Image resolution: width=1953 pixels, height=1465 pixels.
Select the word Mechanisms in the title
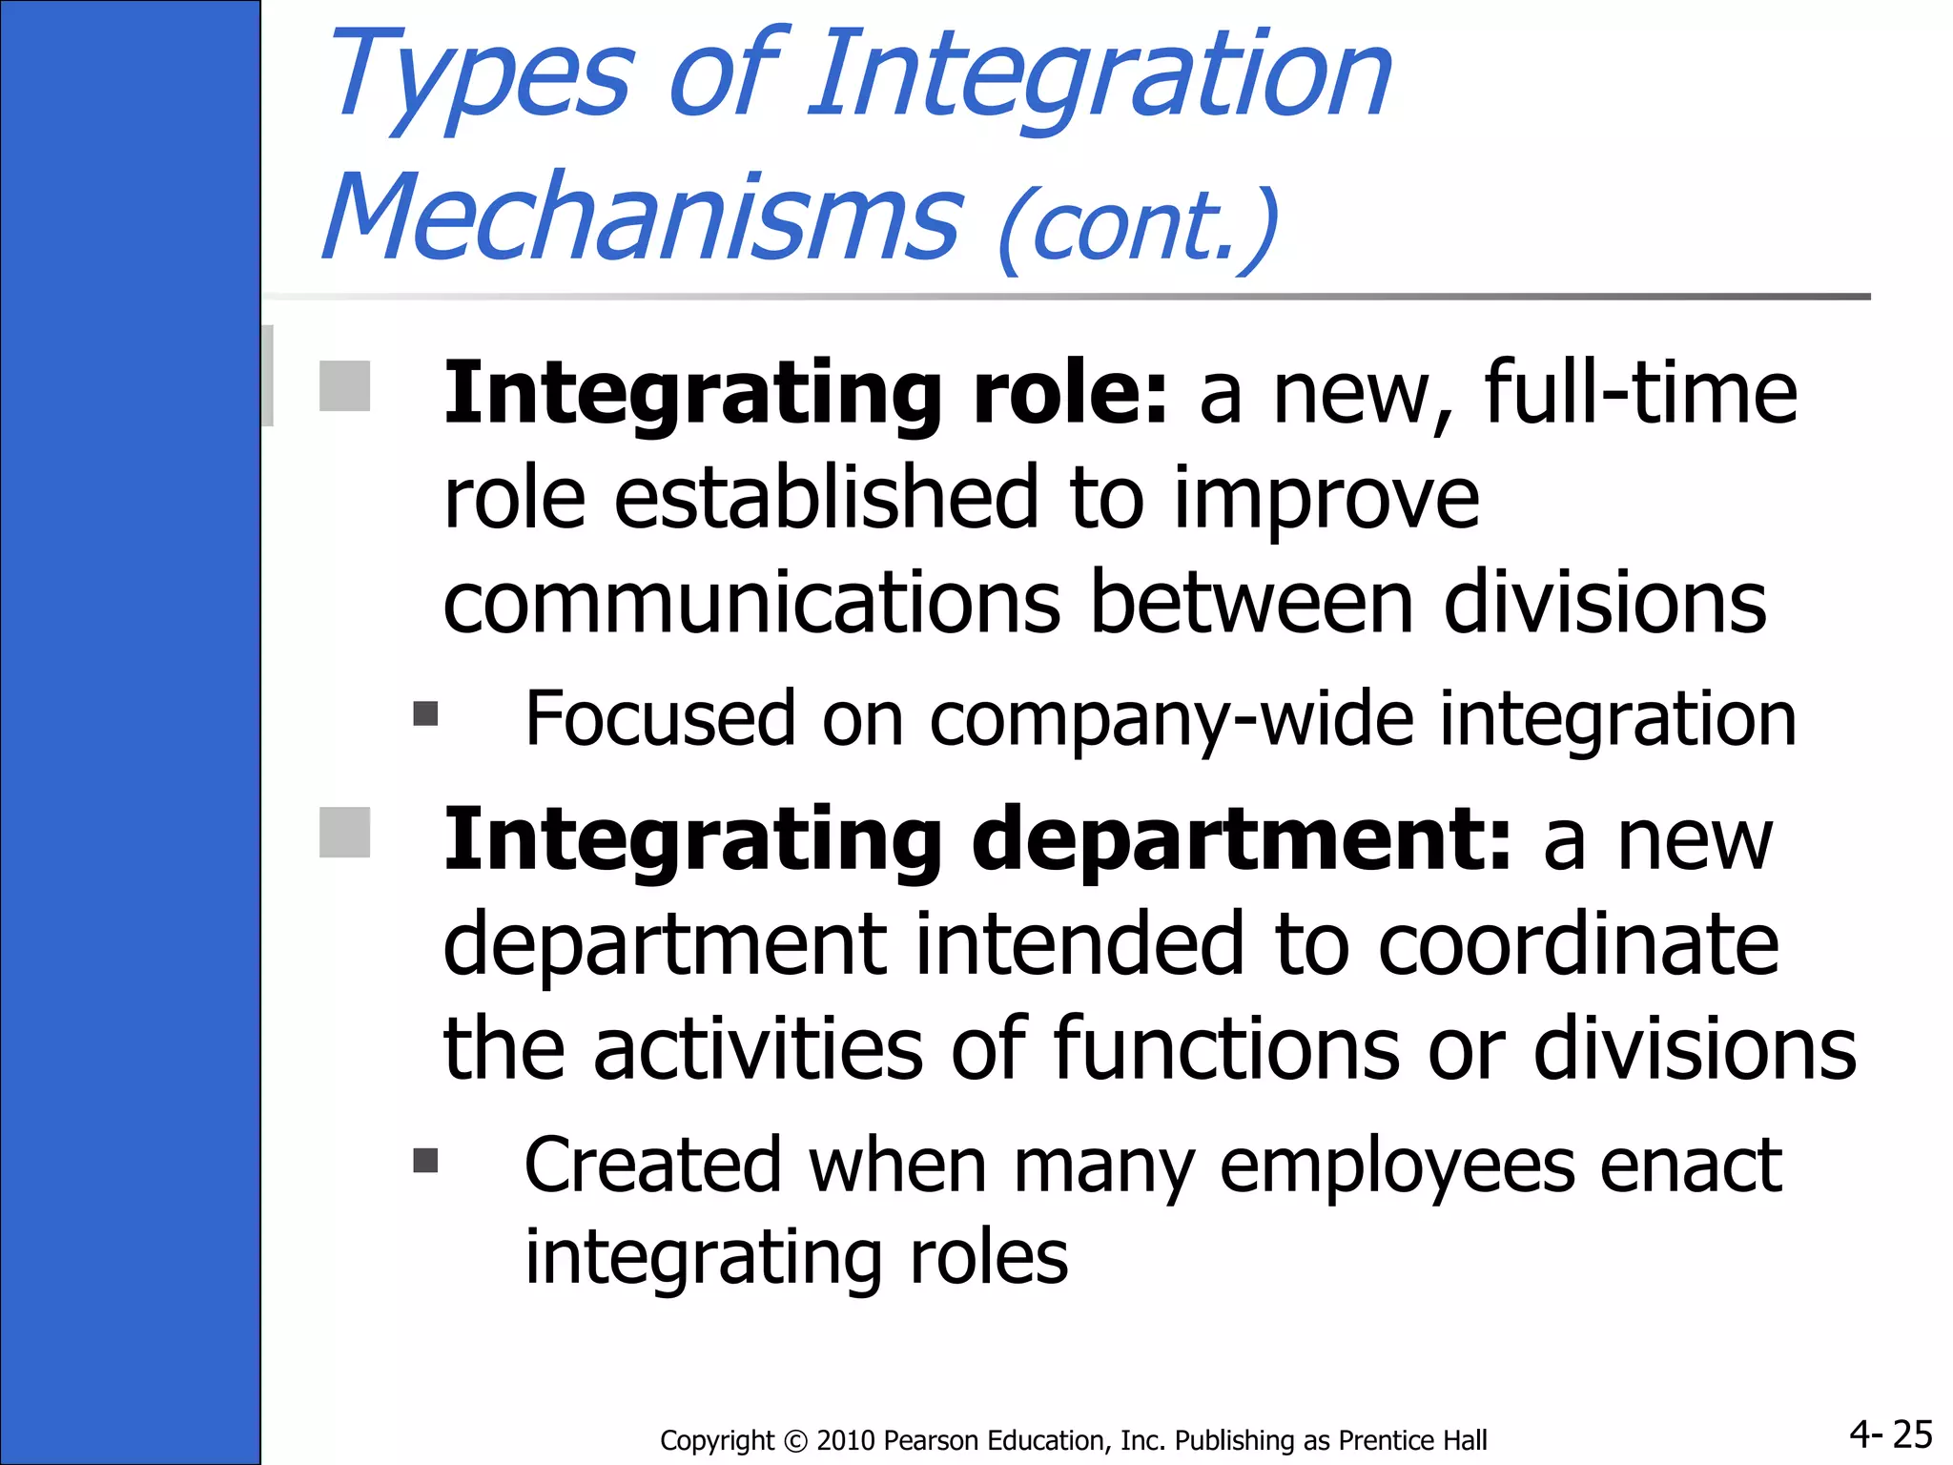coord(641,217)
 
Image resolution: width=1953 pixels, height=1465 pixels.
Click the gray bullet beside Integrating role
coord(344,385)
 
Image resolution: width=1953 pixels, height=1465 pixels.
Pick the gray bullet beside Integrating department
coord(344,832)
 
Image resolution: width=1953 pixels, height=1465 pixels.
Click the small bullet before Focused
coord(425,713)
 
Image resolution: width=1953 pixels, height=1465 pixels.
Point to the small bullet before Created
coord(425,1160)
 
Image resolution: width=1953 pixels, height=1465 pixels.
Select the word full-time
coord(1640,393)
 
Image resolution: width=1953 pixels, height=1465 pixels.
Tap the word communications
coord(751,603)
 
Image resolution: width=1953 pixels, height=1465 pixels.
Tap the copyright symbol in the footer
coord(795,1440)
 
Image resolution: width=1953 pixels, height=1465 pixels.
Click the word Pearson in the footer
coord(926,1440)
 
